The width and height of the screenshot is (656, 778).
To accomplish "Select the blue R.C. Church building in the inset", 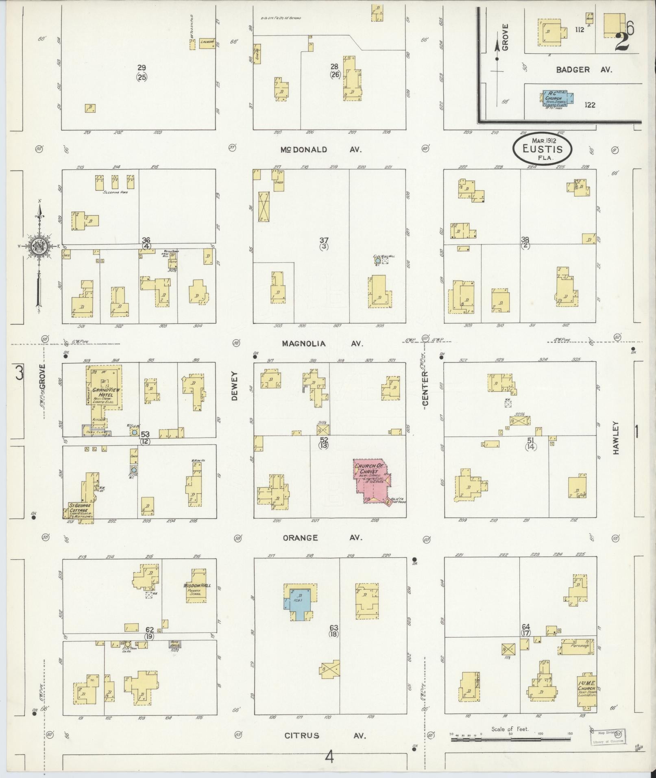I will [558, 98].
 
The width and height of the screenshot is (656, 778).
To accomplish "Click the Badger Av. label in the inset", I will [584, 70].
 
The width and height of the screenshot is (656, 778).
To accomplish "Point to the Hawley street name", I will [616, 437].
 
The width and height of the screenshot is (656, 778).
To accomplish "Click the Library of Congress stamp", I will [607, 737].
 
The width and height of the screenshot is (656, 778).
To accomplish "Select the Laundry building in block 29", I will [207, 44].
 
